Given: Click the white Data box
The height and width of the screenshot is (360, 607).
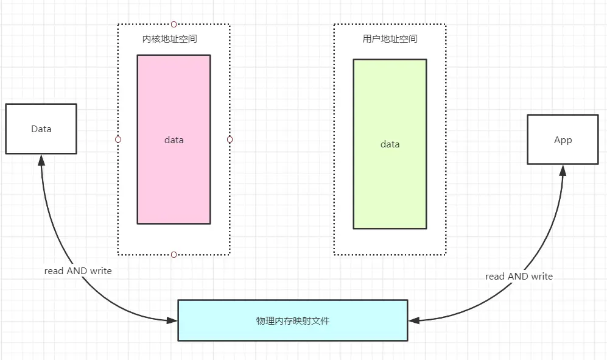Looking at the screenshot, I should (41, 129).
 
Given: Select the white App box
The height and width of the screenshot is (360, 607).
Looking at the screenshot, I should (563, 140).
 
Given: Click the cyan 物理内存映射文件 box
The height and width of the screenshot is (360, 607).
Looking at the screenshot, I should (292, 320).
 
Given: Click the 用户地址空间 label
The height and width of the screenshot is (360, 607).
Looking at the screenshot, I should (390, 39).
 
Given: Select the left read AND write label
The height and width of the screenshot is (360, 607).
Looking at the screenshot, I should (78, 270).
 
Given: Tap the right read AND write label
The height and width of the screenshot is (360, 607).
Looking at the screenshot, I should (519, 276).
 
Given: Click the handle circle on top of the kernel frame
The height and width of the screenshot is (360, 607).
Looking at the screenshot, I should (174, 24).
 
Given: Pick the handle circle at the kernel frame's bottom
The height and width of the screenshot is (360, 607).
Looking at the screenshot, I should (174, 254).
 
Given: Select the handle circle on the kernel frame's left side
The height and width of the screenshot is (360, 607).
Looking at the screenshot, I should (118, 139).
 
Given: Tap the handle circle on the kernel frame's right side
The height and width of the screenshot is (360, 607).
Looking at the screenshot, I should (230, 139).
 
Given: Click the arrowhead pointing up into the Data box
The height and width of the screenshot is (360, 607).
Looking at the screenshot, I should (41, 160).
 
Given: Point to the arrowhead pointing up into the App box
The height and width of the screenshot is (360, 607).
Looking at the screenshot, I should (563, 170).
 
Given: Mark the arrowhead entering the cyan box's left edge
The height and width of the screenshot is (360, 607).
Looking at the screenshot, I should (172, 320).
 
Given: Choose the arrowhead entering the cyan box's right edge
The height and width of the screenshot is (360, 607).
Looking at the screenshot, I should (413, 320).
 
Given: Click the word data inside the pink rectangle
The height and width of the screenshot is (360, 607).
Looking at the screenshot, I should (174, 140).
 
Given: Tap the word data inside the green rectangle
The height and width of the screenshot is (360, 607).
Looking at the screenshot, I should (390, 144).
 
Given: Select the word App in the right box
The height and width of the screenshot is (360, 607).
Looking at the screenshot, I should (563, 140).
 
